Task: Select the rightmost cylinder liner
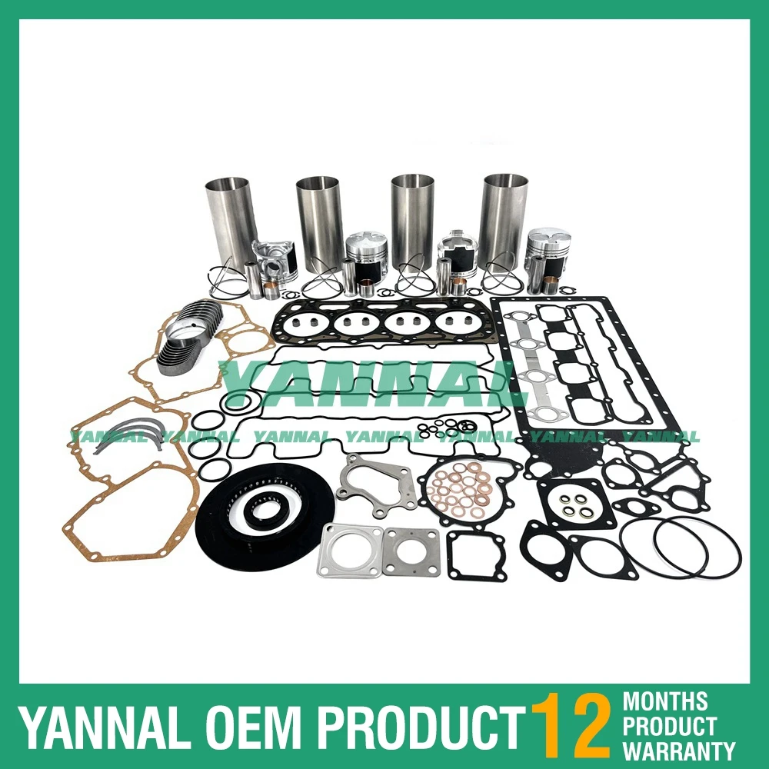(504, 219)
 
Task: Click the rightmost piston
(548, 250)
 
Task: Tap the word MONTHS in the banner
(664, 701)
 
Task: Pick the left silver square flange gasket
(350, 549)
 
